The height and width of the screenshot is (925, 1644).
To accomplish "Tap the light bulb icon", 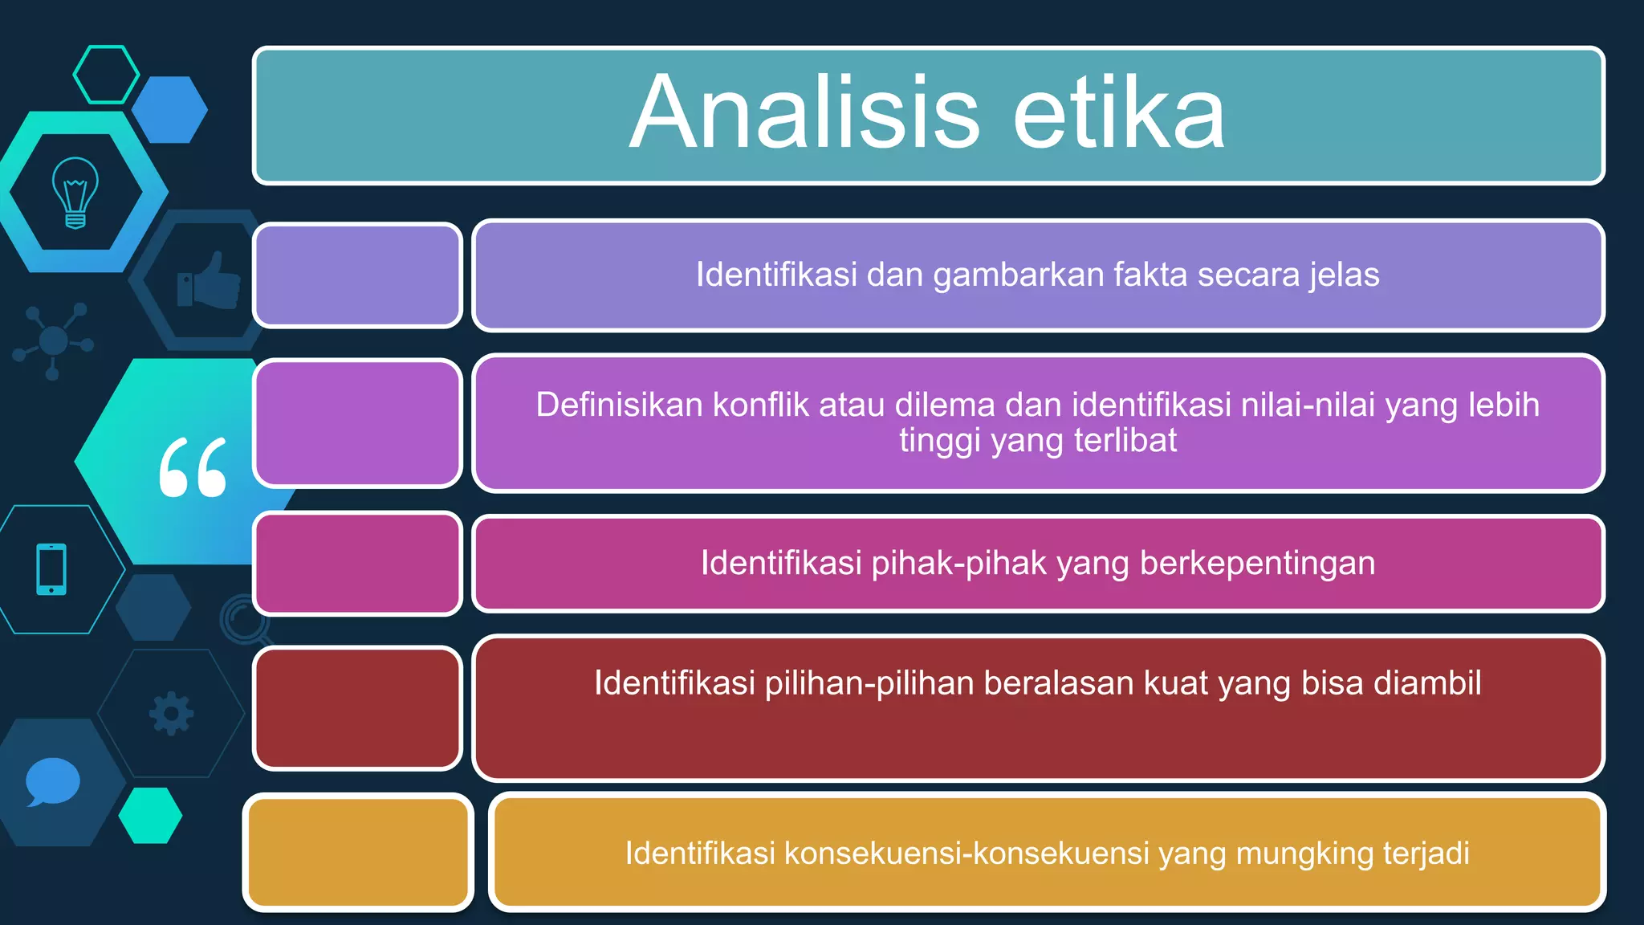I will (75, 193).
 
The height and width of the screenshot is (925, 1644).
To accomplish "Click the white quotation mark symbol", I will (193, 467).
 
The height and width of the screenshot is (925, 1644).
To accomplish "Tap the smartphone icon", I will (51, 569).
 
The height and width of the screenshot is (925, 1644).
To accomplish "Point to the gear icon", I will (171, 713).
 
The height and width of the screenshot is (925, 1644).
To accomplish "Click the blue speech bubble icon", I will (52, 781).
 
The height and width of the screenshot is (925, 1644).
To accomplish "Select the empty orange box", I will (358, 852).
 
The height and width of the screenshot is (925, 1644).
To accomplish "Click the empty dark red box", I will (358, 708).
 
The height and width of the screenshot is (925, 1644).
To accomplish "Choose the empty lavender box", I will (358, 275).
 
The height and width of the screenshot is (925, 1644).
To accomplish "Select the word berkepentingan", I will (1257, 563).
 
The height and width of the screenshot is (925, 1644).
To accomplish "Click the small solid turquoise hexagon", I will (150, 815).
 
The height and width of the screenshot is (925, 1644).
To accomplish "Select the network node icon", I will (53, 341).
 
